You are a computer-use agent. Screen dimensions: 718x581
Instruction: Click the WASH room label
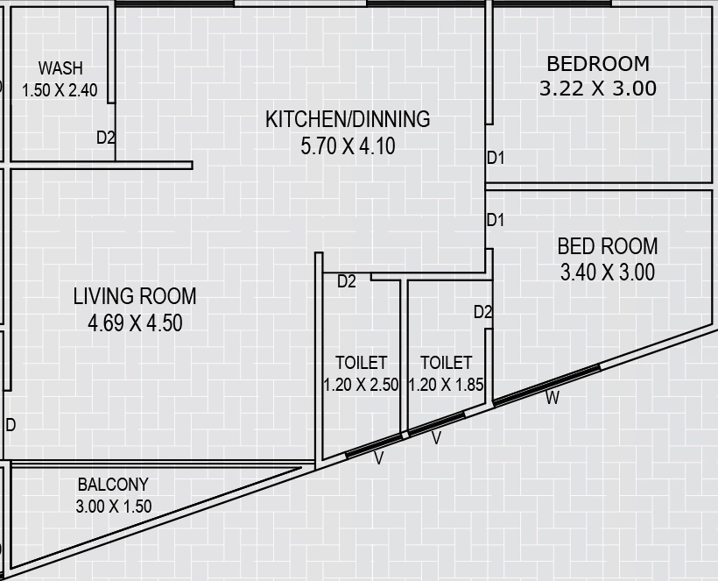pyautogui.click(x=60, y=68)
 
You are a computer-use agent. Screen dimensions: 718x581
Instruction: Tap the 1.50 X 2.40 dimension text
pyautogui.click(x=60, y=90)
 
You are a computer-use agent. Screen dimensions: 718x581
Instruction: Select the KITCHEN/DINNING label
pyautogui.click(x=348, y=119)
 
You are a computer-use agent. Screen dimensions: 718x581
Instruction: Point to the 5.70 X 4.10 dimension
pyautogui.click(x=348, y=146)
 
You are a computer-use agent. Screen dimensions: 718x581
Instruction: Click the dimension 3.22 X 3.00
pyautogui.click(x=597, y=89)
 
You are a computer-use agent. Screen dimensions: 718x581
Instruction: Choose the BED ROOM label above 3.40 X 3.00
pyautogui.click(x=607, y=246)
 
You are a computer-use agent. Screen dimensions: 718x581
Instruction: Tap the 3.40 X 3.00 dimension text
pyautogui.click(x=607, y=273)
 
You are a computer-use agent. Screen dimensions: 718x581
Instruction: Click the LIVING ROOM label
pyautogui.click(x=135, y=296)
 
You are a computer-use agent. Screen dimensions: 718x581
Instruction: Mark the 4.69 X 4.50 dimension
pyautogui.click(x=135, y=322)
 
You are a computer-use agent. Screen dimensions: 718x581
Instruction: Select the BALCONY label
pyautogui.click(x=113, y=485)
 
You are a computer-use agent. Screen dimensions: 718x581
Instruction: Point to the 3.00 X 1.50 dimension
pyautogui.click(x=113, y=507)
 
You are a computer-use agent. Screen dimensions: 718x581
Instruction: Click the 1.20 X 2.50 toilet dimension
pyautogui.click(x=361, y=385)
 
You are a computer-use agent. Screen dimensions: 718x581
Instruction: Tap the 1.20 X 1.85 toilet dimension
pyautogui.click(x=446, y=385)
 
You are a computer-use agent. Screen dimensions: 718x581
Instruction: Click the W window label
pyautogui.click(x=553, y=398)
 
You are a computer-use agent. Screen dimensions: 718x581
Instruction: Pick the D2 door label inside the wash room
pyautogui.click(x=105, y=138)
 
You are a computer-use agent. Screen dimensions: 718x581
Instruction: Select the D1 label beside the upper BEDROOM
pyautogui.click(x=496, y=158)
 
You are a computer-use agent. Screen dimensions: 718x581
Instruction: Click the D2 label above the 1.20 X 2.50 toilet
pyautogui.click(x=346, y=281)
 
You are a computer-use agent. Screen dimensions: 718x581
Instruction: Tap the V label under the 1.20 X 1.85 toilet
pyautogui.click(x=436, y=438)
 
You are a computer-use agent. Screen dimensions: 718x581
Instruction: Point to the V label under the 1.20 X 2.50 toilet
pyautogui.click(x=378, y=458)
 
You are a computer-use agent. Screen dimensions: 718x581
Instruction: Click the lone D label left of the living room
pyautogui.click(x=11, y=425)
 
